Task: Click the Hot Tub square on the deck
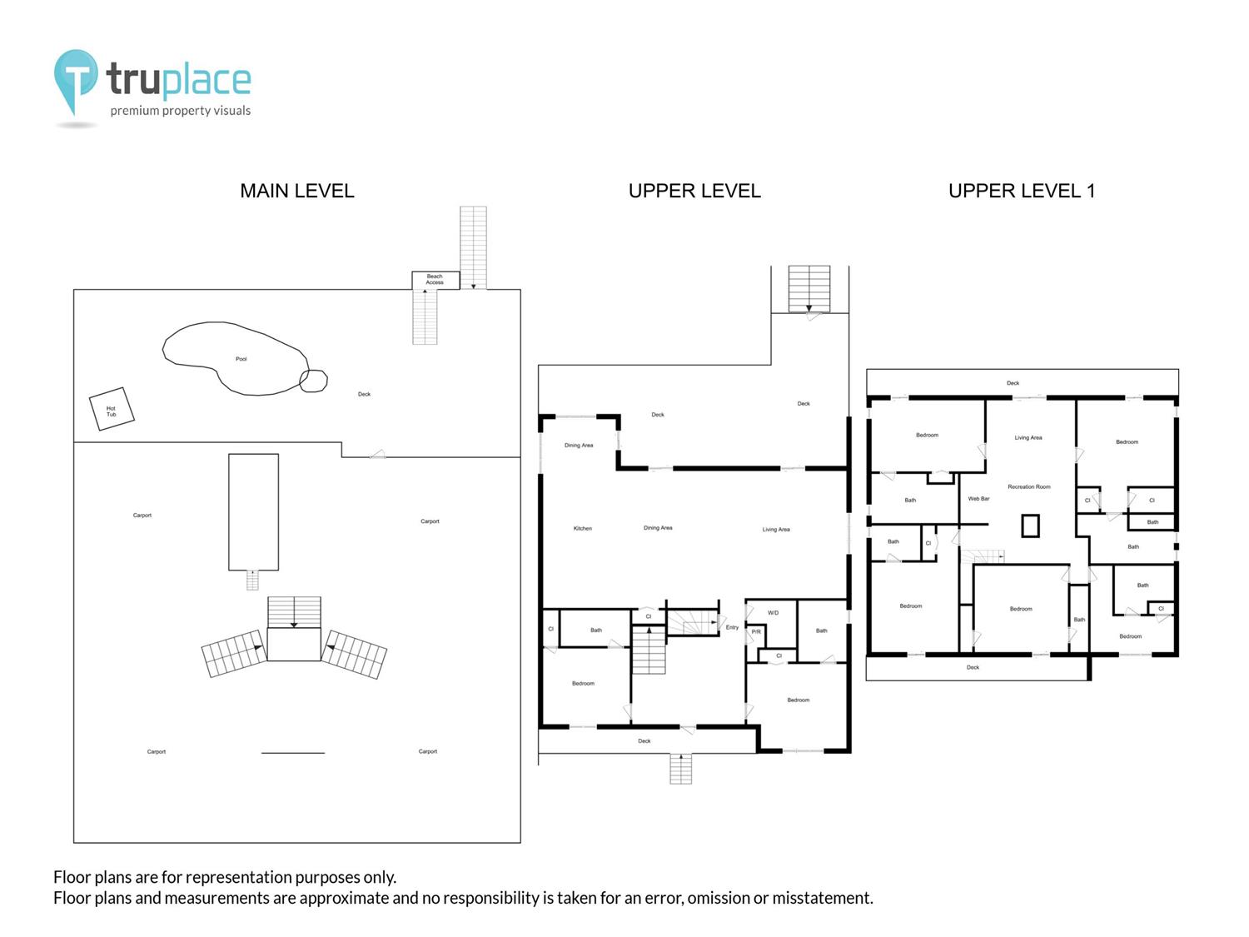[112, 409]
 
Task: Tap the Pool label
[241, 359]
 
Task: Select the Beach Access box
[435, 280]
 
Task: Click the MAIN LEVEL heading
[297, 192]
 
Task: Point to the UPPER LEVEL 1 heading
[1022, 192]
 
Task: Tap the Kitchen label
[583, 529]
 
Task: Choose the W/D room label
[773, 613]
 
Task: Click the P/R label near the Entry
[756, 632]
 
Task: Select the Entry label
[732, 627]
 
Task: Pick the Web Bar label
[978, 499]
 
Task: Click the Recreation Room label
[1029, 487]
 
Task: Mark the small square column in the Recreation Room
[1031, 526]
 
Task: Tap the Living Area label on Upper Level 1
[1028, 437]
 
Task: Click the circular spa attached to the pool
[314, 381]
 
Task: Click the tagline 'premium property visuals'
[181, 111]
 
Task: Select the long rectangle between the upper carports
[254, 512]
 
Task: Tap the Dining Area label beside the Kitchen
[658, 528]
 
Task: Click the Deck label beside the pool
[364, 394]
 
